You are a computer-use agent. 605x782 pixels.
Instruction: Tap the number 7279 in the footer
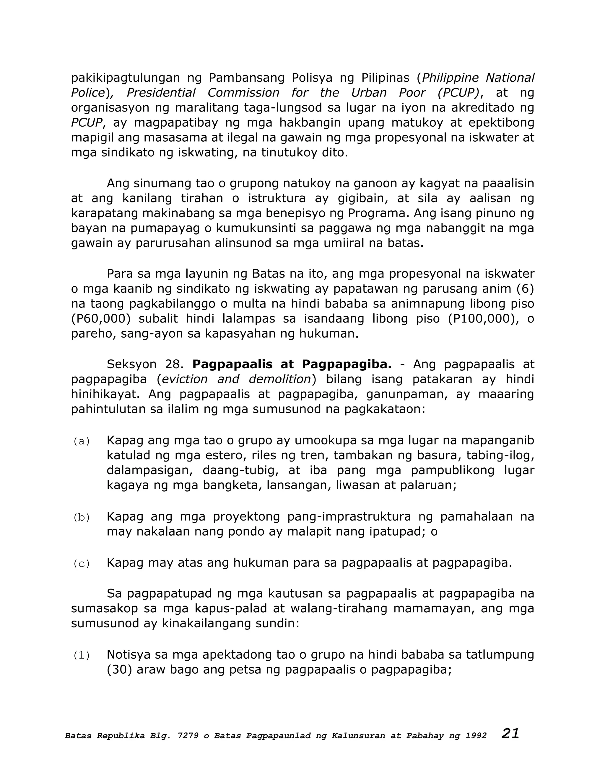188,736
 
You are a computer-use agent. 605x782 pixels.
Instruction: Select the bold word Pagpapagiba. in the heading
347,364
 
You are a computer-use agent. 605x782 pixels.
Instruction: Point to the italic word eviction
185,379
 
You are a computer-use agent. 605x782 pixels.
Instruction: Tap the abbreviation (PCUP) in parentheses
458,93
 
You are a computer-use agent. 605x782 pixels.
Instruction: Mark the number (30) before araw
119,670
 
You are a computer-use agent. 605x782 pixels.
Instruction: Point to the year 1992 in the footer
476,736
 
